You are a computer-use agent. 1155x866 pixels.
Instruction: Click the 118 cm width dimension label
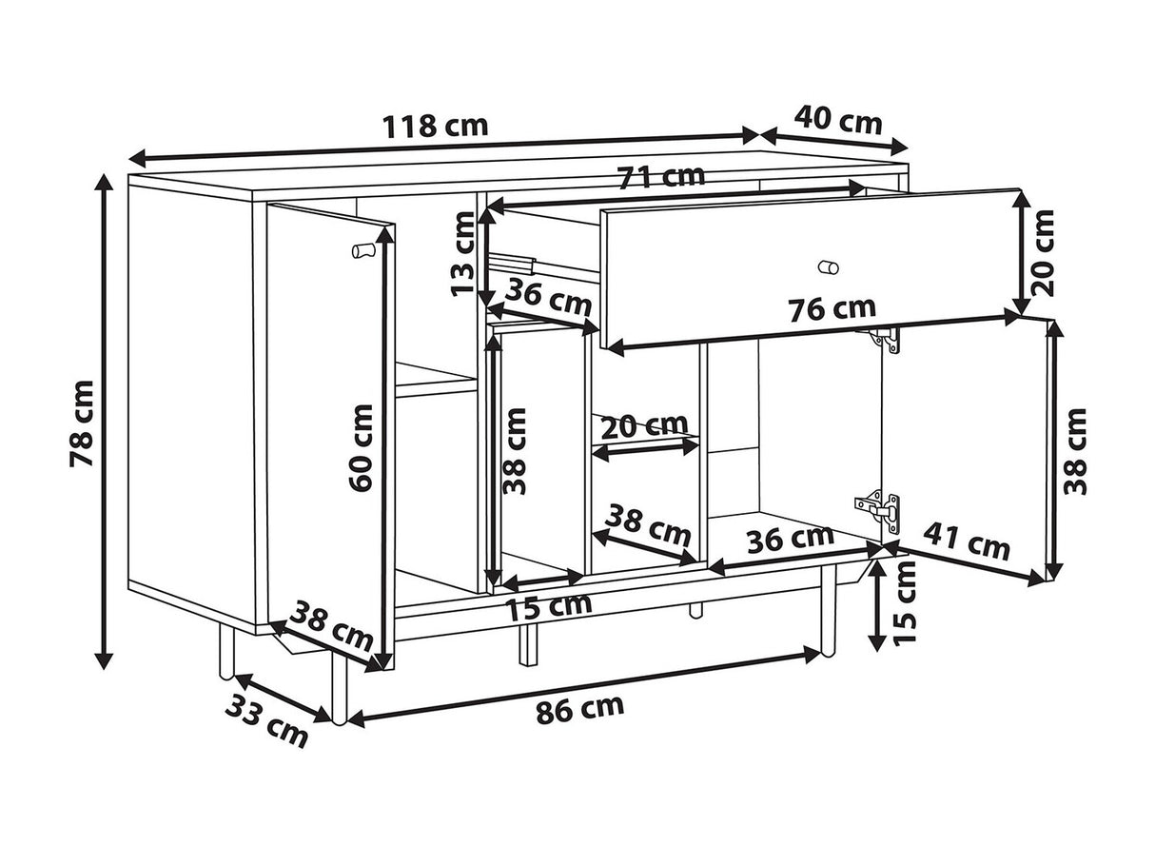tap(436, 127)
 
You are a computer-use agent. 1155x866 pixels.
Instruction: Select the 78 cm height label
tap(82, 423)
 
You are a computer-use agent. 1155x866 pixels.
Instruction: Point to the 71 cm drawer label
tap(661, 177)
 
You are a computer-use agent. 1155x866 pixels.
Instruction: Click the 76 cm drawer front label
tap(832, 309)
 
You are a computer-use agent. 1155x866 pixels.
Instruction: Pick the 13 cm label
tap(463, 253)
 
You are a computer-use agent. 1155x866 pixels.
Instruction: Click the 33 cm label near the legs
tap(266, 720)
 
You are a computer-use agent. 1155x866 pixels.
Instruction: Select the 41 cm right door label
tap(967, 542)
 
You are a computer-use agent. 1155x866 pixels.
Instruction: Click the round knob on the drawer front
tap(829, 267)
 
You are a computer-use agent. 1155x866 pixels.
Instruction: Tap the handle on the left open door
tap(363, 250)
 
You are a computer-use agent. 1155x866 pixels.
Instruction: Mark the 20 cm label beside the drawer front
tap(1043, 253)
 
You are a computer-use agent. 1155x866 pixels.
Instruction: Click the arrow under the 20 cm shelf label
tap(646, 450)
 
